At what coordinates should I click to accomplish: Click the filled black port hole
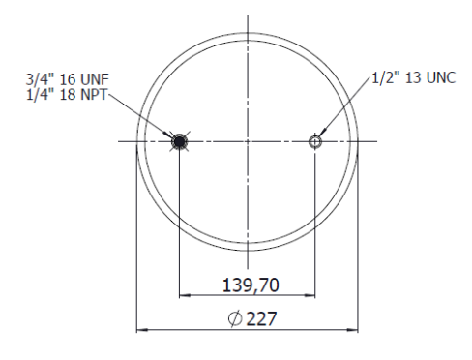[179, 141]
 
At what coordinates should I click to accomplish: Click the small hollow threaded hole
[315, 141]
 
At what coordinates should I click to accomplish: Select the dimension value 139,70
[251, 285]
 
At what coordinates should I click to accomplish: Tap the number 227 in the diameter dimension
[262, 318]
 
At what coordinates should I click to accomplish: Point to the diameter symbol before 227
[235, 318]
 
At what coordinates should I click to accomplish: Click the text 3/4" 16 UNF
[68, 79]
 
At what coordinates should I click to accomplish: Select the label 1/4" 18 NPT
[66, 94]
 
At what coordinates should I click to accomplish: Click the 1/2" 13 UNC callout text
[414, 78]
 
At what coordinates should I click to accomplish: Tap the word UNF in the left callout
[95, 79]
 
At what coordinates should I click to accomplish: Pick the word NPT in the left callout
[94, 95]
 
